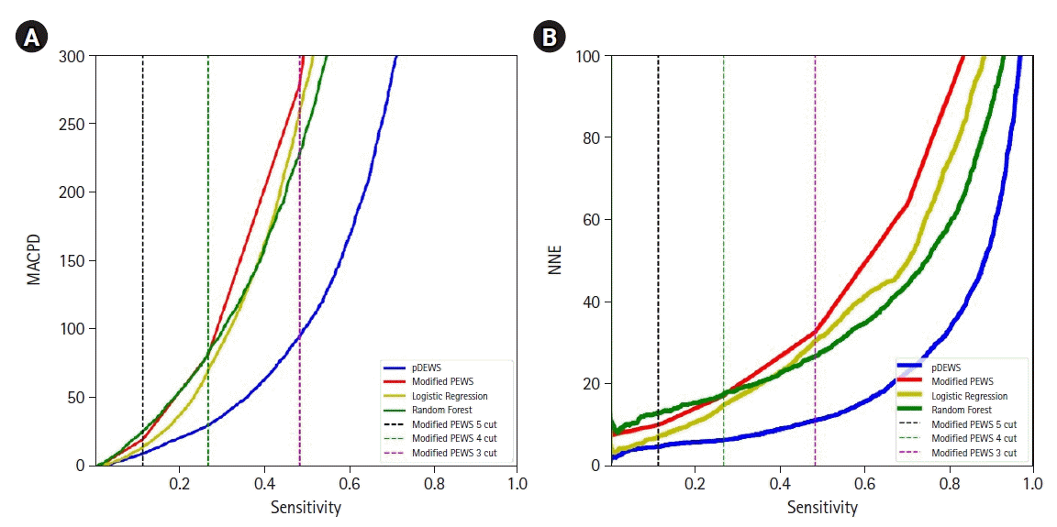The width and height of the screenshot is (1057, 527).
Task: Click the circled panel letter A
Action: pyautogui.click(x=31, y=38)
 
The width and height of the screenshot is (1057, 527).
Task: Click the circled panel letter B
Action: pyautogui.click(x=549, y=38)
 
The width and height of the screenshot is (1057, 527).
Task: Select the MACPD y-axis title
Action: pyautogui.click(x=34, y=259)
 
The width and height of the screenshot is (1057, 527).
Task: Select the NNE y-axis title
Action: pyautogui.click(x=555, y=259)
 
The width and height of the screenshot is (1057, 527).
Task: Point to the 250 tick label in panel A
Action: pyautogui.click(x=73, y=125)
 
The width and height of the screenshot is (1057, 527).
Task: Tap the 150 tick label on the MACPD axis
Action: pyautogui.click(x=73, y=261)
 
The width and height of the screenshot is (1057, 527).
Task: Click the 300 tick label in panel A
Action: pyautogui.click(x=73, y=57)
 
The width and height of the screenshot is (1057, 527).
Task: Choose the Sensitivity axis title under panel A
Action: pyautogui.click(x=306, y=507)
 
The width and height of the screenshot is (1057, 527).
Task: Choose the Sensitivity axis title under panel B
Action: pyautogui.click(x=822, y=507)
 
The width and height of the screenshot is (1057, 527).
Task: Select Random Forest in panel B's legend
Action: pyautogui.click(x=961, y=410)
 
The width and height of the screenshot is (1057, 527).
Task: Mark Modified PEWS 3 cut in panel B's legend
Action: pyautogui.click(x=974, y=453)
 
